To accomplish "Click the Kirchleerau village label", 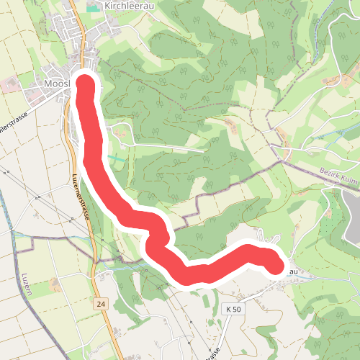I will pos(127,5).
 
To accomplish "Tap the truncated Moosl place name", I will pos(55,85).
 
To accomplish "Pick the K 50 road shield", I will pos(233,309).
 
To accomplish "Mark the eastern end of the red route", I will pos(274,264).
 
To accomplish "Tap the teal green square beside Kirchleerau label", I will pos(93,7).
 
